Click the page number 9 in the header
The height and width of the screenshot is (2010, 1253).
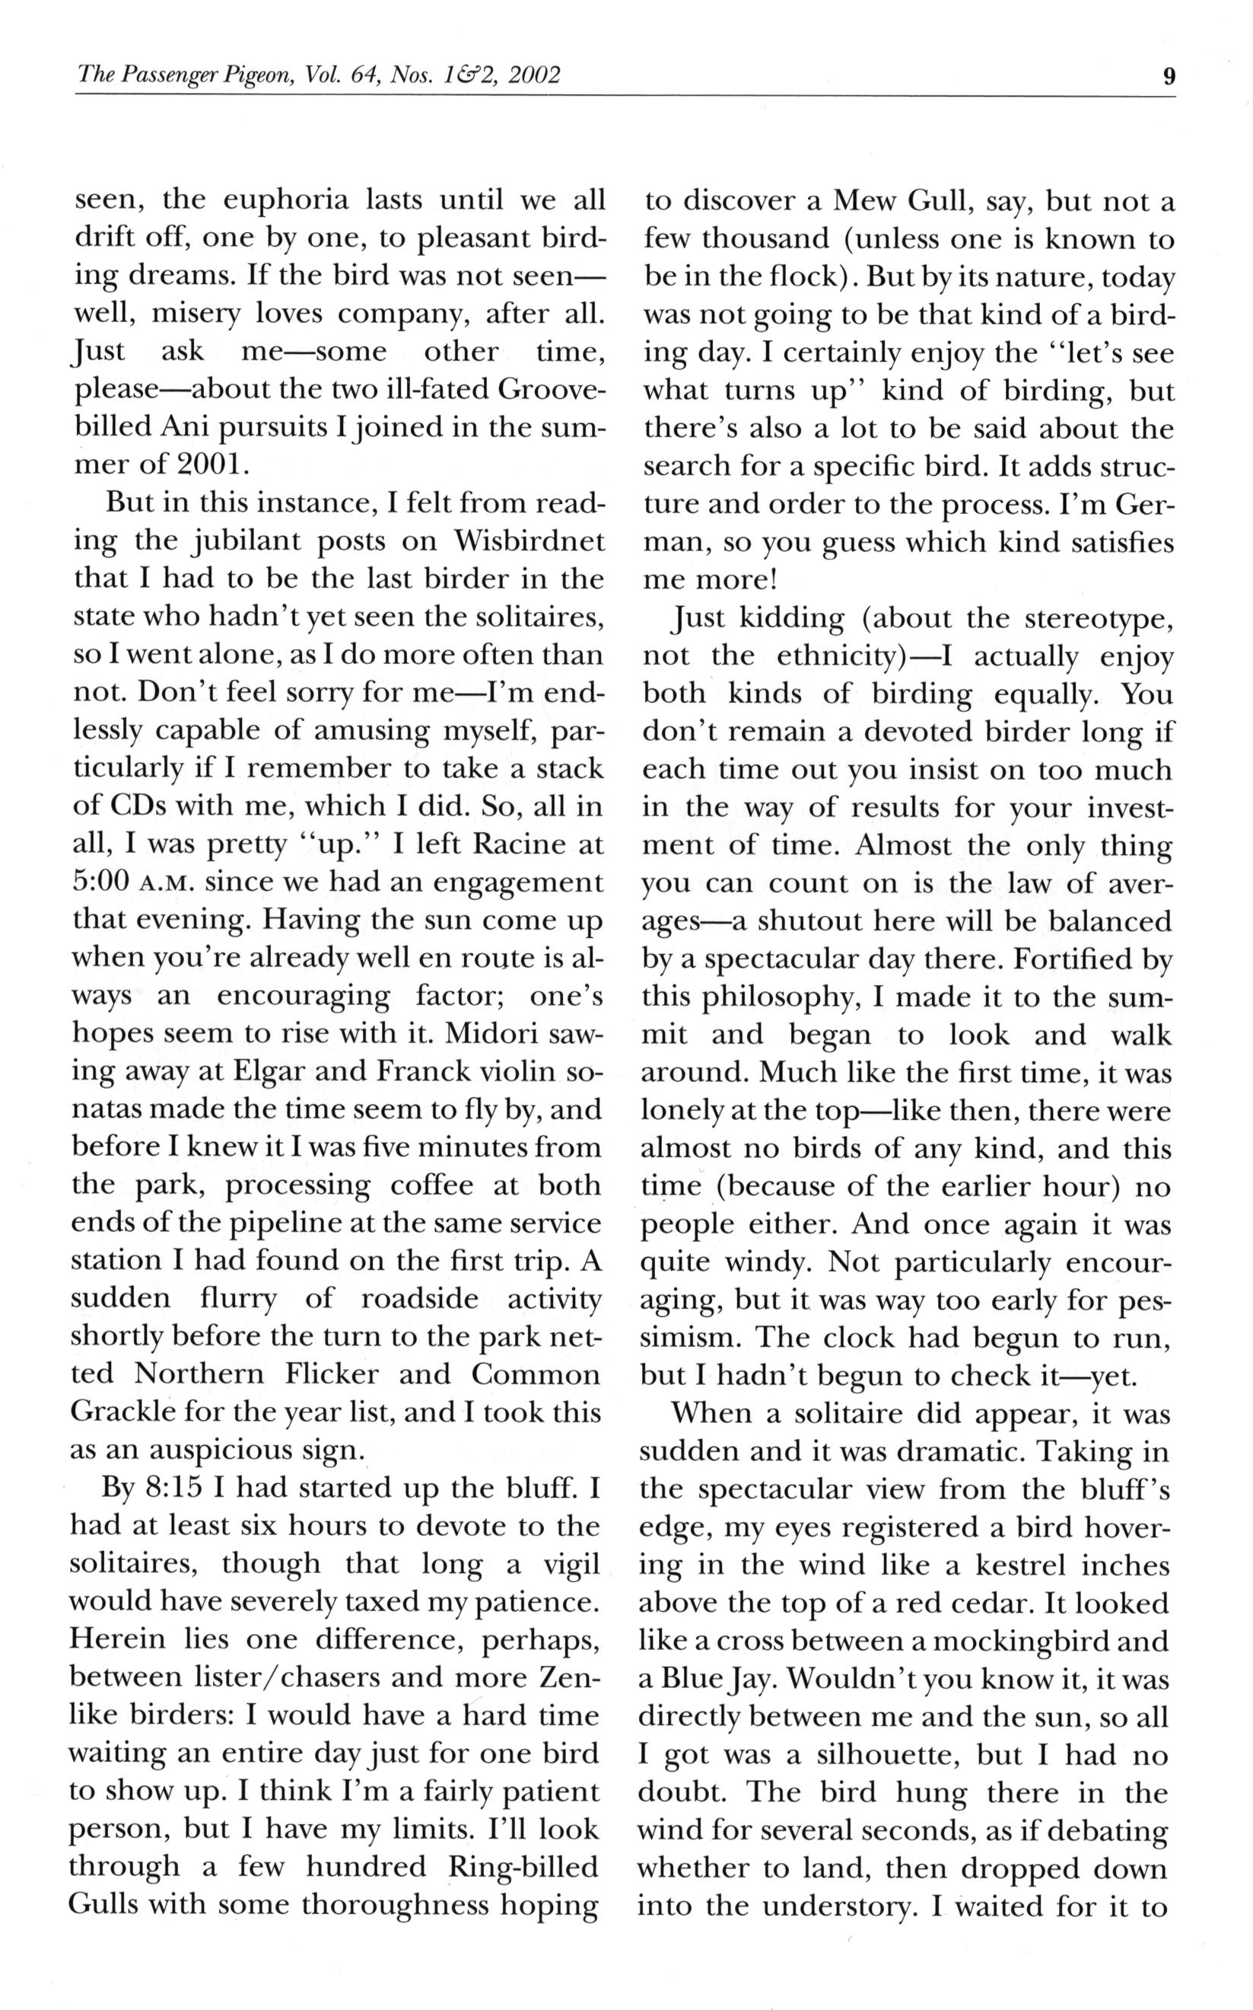pos(1169,76)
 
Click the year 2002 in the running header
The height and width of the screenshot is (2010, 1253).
pos(535,76)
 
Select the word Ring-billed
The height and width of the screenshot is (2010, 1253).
pos(521,1870)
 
